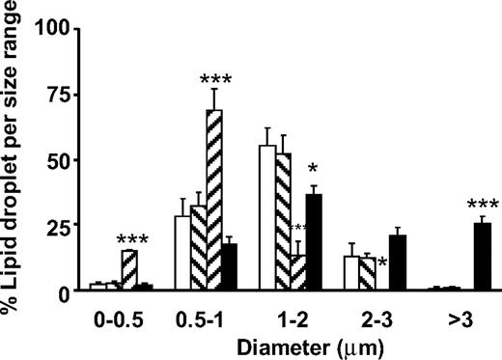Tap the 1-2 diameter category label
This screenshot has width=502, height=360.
pyautogui.click(x=290, y=314)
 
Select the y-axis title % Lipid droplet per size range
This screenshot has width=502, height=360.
pyautogui.click(x=14, y=154)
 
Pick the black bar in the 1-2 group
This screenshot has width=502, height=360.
pyautogui.click(x=314, y=241)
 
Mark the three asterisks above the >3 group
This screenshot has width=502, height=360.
pyautogui.click(x=483, y=206)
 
